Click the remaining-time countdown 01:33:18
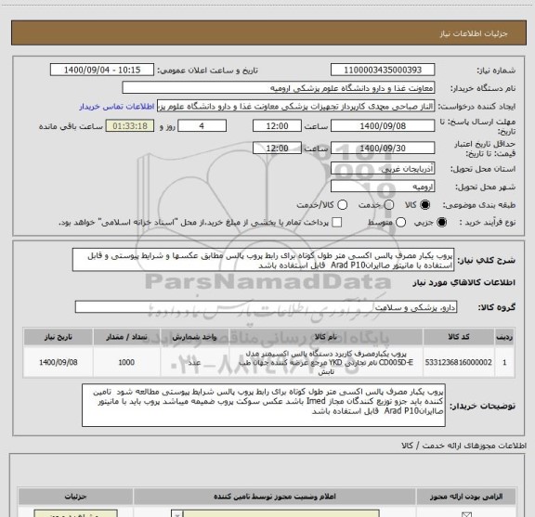pyautogui.click(x=132, y=124)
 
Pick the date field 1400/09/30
pyautogui.click(x=380, y=147)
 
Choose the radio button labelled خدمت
pyautogui.click(x=359, y=203)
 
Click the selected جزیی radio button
pyautogui.click(x=441, y=222)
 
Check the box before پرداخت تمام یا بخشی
pyautogui.click(x=337, y=222)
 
